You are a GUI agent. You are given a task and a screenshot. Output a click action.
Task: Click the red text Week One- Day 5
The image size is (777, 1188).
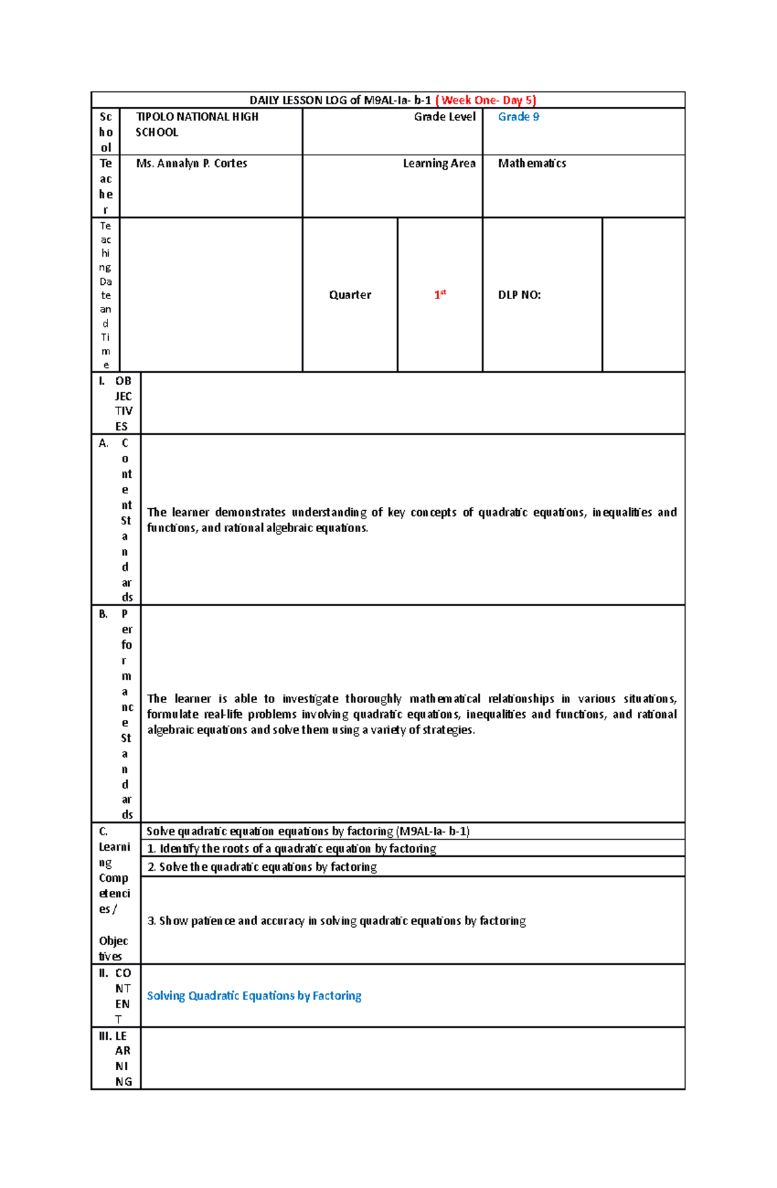pyautogui.click(x=486, y=100)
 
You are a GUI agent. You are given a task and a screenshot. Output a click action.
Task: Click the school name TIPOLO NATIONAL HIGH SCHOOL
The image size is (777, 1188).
pyautogui.click(x=197, y=124)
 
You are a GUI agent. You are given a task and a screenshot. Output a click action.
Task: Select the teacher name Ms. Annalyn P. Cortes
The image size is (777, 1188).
pyautogui.click(x=192, y=164)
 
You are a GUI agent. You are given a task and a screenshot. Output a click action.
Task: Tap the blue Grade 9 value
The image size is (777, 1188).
pyautogui.click(x=518, y=117)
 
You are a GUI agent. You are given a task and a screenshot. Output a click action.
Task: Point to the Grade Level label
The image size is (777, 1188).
pyautogui.click(x=445, y=117)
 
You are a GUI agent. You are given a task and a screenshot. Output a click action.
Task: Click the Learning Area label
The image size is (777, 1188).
pyautogui.click(x=439, y=164)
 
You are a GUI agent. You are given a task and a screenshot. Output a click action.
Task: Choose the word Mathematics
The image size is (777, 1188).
pyautogui.click(x=532, y=164)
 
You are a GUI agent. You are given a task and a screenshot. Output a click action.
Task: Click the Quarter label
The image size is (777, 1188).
pyautogui.click(x=350, y=295)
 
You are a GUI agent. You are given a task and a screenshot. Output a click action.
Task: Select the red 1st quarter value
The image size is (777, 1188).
pyautogui.click(x=440, y=295)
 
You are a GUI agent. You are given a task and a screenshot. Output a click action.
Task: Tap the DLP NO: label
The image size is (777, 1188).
pyautogui.click(x=519, y=295)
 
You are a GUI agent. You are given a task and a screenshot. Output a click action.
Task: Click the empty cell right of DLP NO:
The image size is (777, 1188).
pyautogui.click(x=643, y=295)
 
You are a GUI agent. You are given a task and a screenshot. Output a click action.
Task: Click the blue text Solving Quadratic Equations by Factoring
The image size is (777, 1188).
pyautogui.click(x=254, y=996)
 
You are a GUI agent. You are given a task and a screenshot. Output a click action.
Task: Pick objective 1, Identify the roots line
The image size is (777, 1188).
pyautogui.click(x=291, y=849)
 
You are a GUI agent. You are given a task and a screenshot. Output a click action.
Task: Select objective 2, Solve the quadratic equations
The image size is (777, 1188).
pyautogui.click(x=262, y=867)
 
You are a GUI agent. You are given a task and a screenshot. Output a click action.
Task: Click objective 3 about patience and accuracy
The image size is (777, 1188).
pyautogui.click(x=337, y=921)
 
